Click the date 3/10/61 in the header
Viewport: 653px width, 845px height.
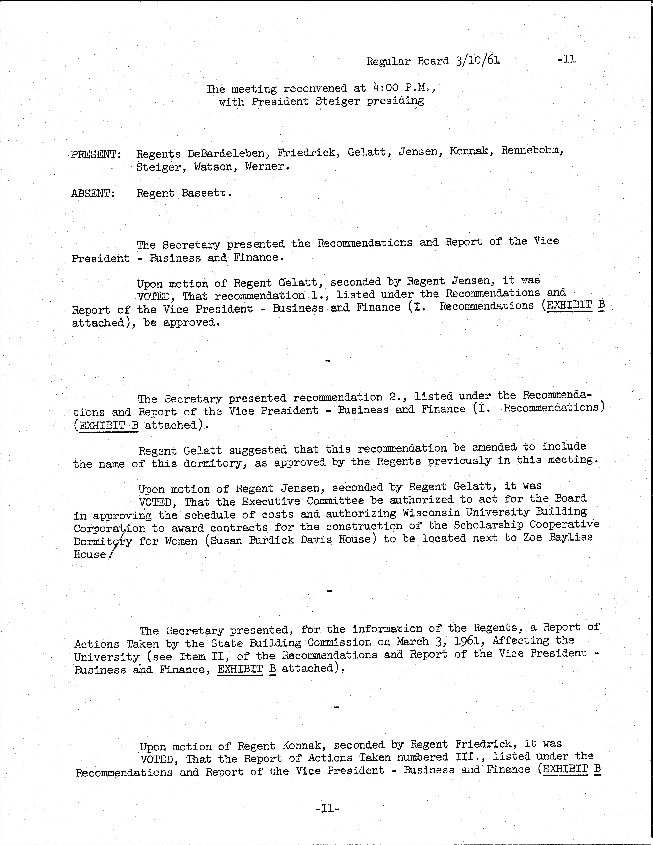pos(478,60)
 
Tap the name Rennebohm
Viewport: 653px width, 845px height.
pos(532,151)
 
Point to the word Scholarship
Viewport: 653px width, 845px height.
pos(488,525)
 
